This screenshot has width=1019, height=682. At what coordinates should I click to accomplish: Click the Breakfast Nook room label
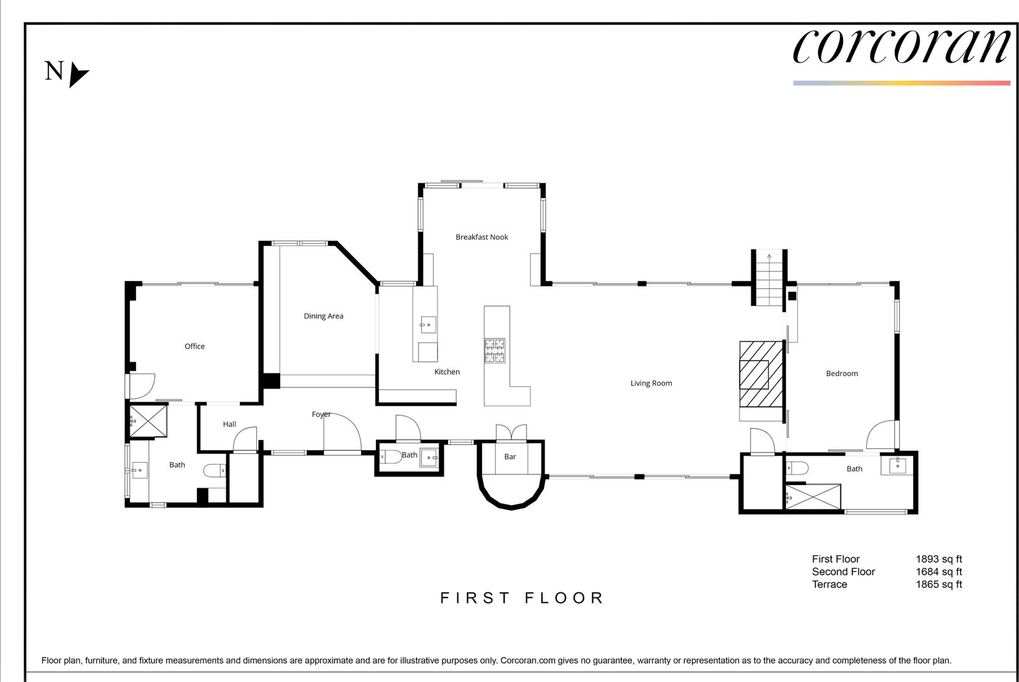(x=482, y=237)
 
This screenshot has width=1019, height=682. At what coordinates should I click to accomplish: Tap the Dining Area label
(x=323, y=316)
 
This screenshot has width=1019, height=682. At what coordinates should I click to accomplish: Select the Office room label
(x=195, y=346)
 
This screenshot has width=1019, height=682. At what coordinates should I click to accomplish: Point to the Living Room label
(x=651, y=383)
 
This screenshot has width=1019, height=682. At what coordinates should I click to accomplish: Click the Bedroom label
(x=842, y=374)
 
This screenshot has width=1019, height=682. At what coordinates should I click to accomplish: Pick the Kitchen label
(x=447, y=372)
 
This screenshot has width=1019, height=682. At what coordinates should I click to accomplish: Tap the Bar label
(x=510, y=457)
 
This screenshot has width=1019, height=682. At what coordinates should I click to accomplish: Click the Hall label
(x=229, y=424)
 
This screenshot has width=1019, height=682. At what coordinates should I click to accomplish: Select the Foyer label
(x=321, y=414)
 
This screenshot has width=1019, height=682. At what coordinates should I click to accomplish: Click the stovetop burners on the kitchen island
(x=494, y=350)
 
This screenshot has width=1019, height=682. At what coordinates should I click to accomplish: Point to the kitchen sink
(x=428, y=325)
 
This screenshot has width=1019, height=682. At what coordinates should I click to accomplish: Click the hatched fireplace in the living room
(x=761, y=374)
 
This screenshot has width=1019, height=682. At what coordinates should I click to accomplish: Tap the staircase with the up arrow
(x=769, y=278)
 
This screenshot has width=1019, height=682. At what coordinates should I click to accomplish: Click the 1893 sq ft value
(x=939, y=559)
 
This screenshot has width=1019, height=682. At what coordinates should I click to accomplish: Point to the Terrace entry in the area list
(x=829, y=584)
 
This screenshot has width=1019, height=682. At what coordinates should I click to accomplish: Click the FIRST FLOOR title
(x=522, y=598)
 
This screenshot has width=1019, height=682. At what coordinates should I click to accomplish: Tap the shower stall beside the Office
(x=149, y=421)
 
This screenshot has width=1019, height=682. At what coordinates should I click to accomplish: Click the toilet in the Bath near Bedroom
(x=797, y=468)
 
